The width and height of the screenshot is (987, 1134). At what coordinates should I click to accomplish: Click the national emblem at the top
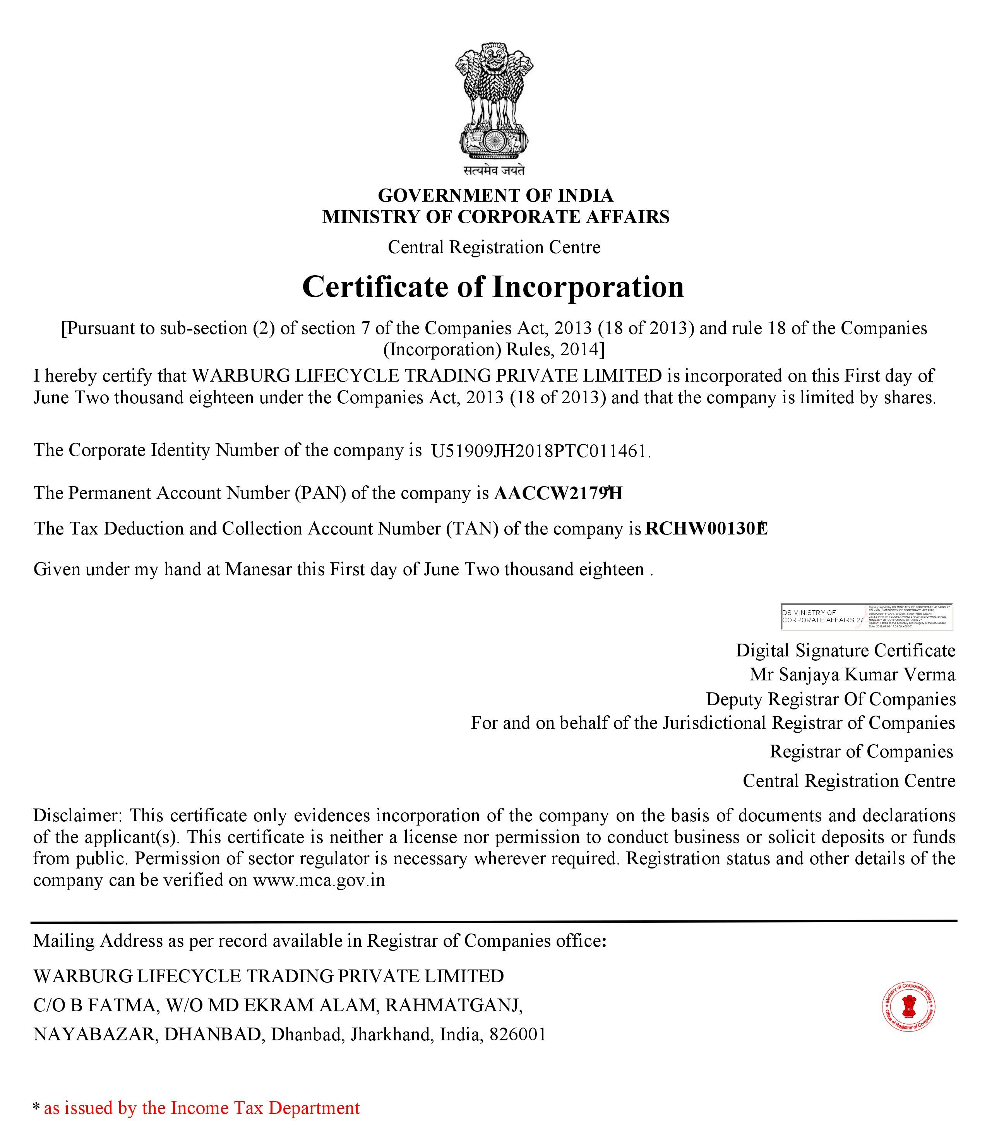click(494, 102)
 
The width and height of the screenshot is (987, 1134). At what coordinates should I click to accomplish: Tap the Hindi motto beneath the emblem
click(494, 171)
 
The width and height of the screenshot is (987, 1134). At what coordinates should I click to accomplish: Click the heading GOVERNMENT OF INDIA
click(495, 195)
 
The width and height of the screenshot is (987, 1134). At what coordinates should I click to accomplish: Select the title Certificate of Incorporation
click(493, 287)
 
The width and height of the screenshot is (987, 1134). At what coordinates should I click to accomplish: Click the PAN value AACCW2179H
click(557, 493)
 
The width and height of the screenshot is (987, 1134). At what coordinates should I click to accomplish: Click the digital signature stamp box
click(866, 617)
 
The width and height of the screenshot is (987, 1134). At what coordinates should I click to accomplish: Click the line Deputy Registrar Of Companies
click(831, 699)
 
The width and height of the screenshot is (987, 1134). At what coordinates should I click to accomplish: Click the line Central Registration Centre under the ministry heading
click(494, 247)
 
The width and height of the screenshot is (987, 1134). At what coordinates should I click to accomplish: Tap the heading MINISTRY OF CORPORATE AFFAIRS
click(495, 217)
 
